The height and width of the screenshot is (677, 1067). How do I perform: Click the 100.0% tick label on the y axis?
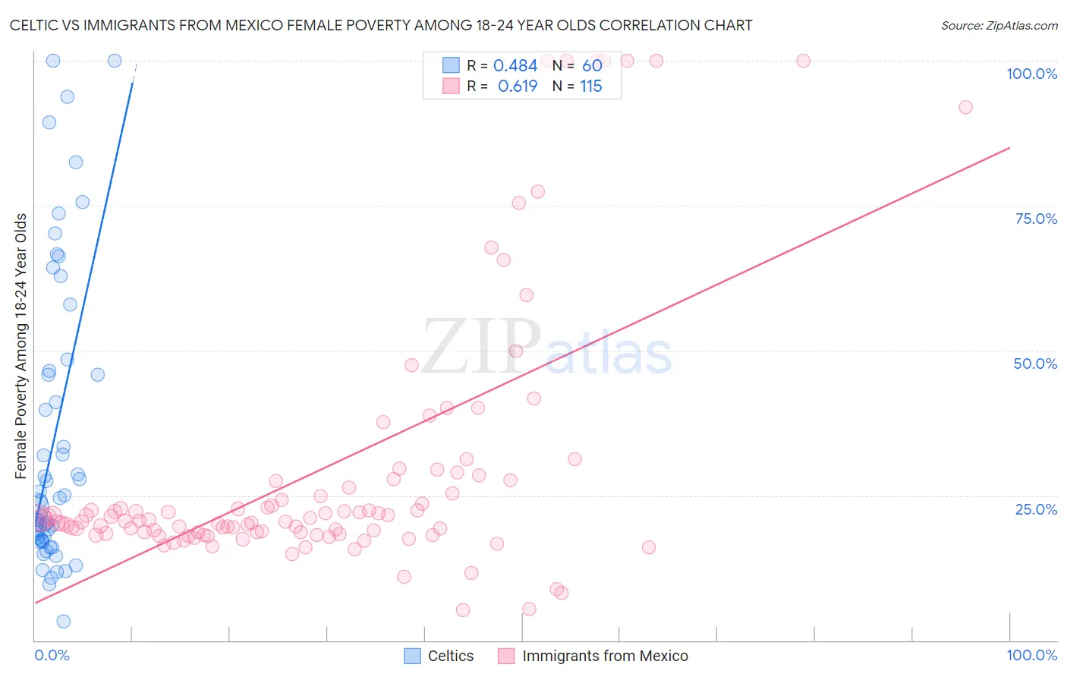coord(1031,74)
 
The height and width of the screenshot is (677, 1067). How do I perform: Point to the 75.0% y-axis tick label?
coord(1036,219)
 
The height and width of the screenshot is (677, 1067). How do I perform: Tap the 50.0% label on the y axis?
coord(1035,364)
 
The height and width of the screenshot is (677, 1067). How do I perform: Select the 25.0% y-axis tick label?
coord(1036,509)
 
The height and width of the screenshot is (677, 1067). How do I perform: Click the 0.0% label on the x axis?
coord(52,655)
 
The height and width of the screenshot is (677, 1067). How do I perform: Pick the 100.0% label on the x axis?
coord(1031,655)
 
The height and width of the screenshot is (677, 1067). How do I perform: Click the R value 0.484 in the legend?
coord(515,66)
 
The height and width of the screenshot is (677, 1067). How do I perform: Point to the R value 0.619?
coord(518,87)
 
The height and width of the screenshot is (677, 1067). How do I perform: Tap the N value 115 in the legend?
coord(591,87)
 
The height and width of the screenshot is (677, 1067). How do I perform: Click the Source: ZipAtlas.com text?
coord(999,25)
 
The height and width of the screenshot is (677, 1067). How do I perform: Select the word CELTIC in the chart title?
coord(34,25)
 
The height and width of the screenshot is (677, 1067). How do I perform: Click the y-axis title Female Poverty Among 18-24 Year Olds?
coord(21,346)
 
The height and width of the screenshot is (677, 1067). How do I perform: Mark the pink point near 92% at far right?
coord(965,107)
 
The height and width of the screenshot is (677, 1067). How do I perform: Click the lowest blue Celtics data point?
coord(64,622)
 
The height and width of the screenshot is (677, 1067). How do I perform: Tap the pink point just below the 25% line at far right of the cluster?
coord(648,547)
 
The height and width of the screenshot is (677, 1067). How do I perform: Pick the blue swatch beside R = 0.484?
coord(451,65)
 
